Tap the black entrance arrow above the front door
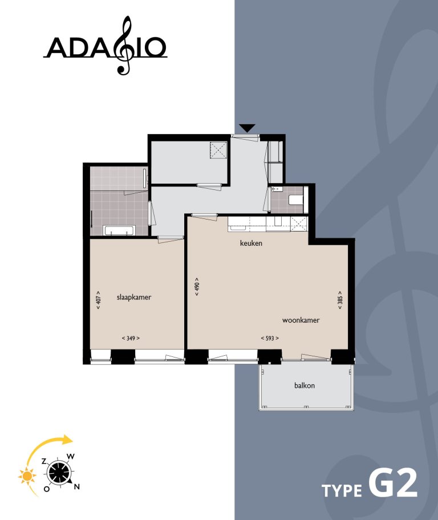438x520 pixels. [x=248, y=128]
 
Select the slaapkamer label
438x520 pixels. [x=133, y=297]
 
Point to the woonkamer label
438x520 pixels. [x=300, y=320]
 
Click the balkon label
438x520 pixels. [x=305, y=385]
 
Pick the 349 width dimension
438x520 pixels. [x=131, y=338]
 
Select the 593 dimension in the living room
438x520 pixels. [x=270, y=338]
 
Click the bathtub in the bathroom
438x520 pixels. [x=119, y=231]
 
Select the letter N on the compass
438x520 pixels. [x=77, y=486]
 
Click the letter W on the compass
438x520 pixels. [x=71, y=456]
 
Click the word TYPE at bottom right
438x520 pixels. [x=341, y=491]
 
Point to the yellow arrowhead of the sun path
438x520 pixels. [x=68, y=440]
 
